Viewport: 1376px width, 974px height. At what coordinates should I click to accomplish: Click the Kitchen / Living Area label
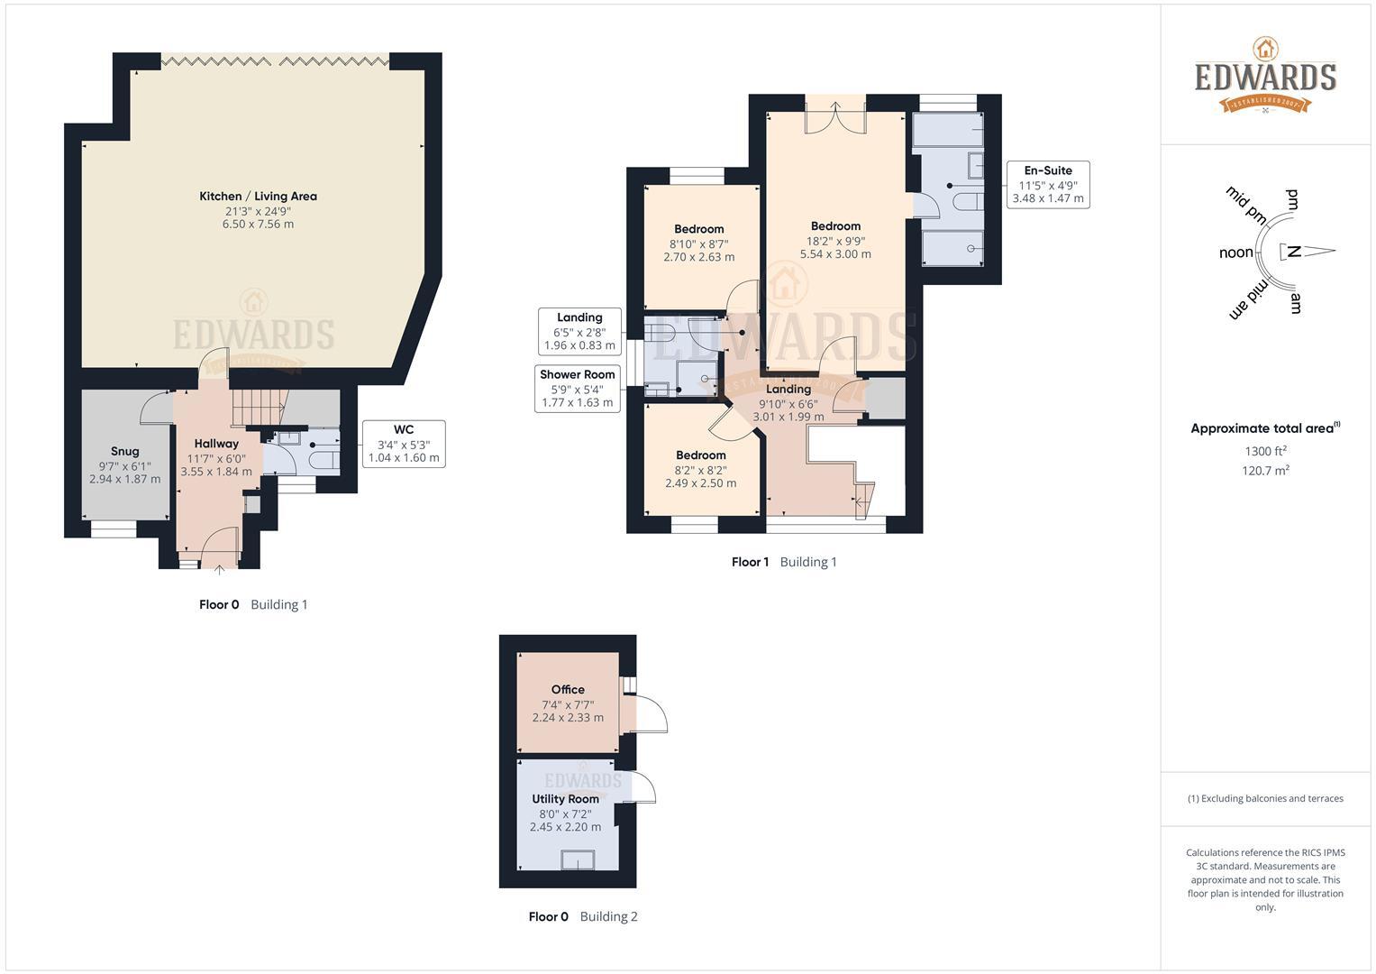[258, 196]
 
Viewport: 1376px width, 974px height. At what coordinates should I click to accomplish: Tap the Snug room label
[124, 451]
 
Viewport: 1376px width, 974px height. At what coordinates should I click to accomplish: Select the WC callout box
[403, 443]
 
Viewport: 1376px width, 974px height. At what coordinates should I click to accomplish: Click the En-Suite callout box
[1048, 184]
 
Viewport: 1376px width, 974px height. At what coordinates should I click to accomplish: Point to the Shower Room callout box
[577, 388]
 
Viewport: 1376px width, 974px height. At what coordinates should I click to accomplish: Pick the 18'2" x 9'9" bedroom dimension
[835, 241]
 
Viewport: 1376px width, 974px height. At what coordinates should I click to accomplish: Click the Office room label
[568, 689]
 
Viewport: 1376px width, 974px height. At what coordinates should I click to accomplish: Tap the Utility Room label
[565, 799]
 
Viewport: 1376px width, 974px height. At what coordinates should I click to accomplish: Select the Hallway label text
[216, 443]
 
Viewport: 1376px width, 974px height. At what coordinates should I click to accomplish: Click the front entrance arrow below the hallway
[220, 570]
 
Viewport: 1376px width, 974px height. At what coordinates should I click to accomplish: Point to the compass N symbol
[1294, 252]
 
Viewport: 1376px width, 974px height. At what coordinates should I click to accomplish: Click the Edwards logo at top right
[1265, 76]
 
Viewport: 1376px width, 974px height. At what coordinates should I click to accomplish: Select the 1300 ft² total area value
[1265, 451]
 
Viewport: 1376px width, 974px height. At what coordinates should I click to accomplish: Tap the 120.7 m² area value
[1265, 470]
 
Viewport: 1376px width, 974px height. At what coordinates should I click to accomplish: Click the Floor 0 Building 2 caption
[583, 916]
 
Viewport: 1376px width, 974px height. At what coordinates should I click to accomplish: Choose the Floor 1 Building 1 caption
[784, 562]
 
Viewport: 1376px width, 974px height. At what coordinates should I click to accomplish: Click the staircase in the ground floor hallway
[258, 407]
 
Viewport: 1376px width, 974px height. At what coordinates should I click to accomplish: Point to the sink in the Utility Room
[578, 859]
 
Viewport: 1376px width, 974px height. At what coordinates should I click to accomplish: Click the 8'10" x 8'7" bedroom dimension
[698, 243]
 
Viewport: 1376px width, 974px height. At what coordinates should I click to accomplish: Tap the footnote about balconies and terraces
[1265, 798]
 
